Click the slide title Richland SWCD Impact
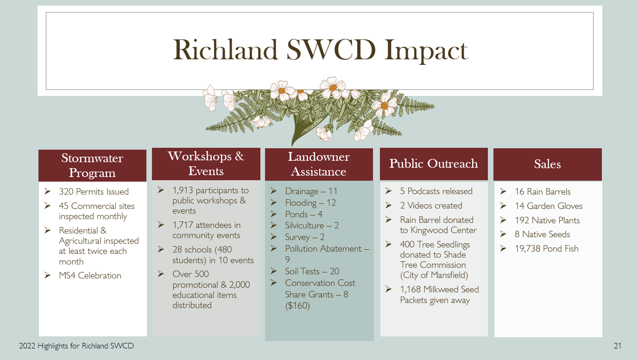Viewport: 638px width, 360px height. click(x=320, y=51)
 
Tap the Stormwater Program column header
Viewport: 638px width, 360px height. click(x=92, y=165)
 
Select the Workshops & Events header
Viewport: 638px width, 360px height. click(x=206, y=164)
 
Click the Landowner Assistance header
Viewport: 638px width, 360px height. click(x=319, y=164)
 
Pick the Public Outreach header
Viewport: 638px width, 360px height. click(x=434, y=164)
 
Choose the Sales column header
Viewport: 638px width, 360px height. click(x=547, y=164)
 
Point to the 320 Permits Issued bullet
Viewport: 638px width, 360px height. click(x=94, y=192)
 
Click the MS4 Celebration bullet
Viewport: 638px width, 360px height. click(x=90, y=276)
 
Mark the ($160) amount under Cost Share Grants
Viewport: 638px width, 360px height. click(x=297, y=305)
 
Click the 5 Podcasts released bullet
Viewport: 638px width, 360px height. click(x=436, y=191)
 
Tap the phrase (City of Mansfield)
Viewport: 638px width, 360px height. click(x=434, y=275)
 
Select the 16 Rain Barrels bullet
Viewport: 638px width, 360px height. click(x=543, y=192)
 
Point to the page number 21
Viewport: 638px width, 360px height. click(x=617, y=346)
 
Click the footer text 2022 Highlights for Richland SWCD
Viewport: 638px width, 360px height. click(x=76, y=346)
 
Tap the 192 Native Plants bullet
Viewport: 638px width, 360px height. click(x=547, y=221)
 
